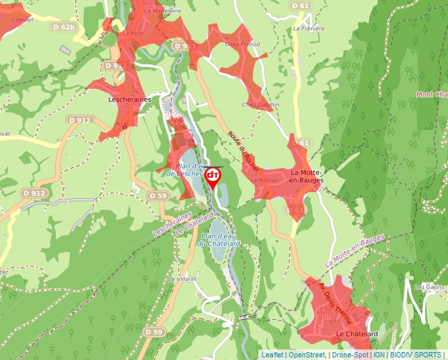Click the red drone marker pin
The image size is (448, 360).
(x=213, y=177)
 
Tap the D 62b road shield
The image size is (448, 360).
(x=63, y=27)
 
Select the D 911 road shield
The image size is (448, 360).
(x=185, y=46)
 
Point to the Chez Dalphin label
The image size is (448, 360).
(x=260, y=105)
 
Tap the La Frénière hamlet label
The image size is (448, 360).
(x=310, y=29)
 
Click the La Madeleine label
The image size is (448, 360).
(x=162, y=11)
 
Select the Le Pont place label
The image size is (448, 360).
(x=133, y=33)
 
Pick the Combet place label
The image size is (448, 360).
(x=22, y=20)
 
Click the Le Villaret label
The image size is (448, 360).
(x=182, y=279)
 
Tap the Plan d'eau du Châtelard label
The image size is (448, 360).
(x=221, y=240)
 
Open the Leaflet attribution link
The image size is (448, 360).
(x=273, y=355)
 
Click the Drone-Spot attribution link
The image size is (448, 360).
(x=350, y=355)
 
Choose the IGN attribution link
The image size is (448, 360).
(x=379, y=355)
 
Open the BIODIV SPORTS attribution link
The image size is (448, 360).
(x=416, y=355)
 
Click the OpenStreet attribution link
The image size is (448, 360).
(x=307, y=355)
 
